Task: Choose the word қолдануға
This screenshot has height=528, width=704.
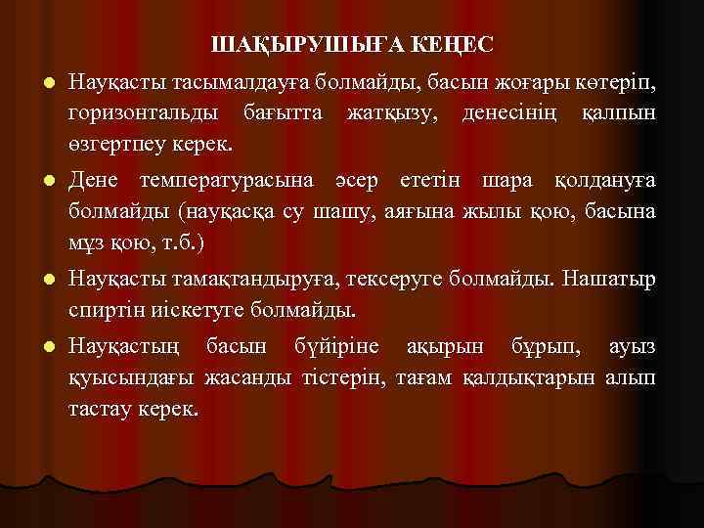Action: pyautogui.click(x=605, y=181)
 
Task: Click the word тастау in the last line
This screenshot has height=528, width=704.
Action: pyautogui.click(x=96, y=409)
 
